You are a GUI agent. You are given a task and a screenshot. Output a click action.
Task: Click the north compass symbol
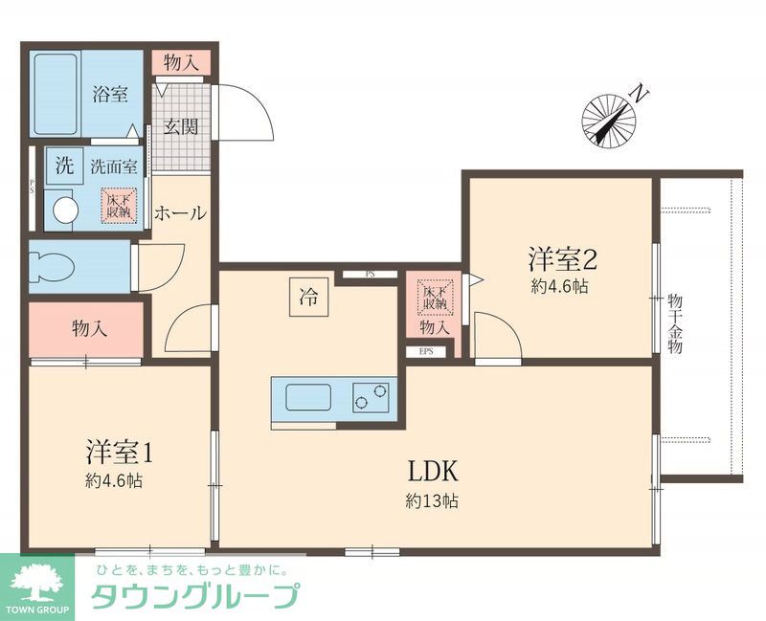(610, 121)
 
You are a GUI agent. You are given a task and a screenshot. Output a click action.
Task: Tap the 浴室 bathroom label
(110, 95)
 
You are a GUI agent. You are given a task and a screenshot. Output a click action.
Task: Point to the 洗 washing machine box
(64, 164)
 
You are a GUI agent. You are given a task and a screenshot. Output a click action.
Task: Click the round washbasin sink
(63, 209)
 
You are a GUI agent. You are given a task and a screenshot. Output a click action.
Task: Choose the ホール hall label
(179, 212)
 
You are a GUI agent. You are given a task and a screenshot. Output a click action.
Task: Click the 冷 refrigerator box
(308, 297)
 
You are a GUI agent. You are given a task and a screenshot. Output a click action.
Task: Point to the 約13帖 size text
(430, 500)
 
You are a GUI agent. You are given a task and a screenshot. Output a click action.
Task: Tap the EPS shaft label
(426, 351)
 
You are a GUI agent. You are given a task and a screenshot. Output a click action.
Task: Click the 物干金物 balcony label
(675, 325)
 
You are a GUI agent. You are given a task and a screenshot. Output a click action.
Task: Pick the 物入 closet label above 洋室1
(89, 329)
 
